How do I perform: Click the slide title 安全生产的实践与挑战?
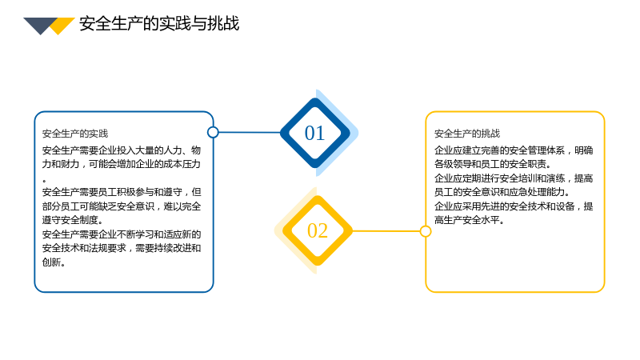tap(159, 24)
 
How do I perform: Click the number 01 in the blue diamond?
tap(314, 133)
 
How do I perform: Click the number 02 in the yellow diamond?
tap(318, 230)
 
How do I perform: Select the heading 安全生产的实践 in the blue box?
tap(75, 134)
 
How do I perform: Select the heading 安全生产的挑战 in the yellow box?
tap(467, 134)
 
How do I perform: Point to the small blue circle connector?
tap(213, 132)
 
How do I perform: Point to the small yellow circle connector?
tap(426, 231)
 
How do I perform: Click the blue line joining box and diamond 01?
tap(250, 132)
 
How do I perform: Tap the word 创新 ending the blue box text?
tap(51, 262)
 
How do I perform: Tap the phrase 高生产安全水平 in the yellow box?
tap(467, 220)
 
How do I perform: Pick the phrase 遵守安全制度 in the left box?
tap(70, 220)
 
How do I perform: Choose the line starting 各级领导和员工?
tap(493, 164)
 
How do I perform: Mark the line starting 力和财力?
tap(122, 164)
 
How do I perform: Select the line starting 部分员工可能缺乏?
tap(122, 206)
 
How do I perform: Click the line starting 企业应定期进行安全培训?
tap(514, 178)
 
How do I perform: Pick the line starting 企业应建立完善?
tap(514, 150)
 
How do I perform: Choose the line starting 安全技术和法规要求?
tap(122, 248)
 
